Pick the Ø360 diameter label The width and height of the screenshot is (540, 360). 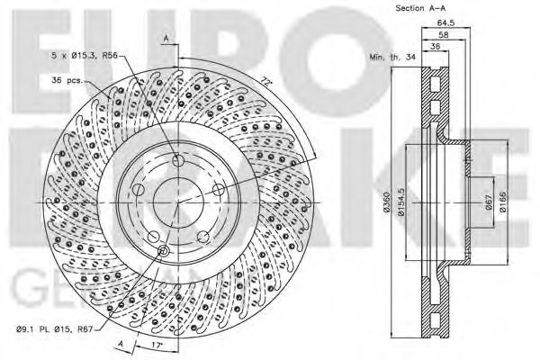pos(384,202)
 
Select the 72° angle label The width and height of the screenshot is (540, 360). pos(266,82)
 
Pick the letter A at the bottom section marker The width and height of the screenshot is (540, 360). pos(119,343)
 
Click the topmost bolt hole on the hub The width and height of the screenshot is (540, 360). pos(177,160)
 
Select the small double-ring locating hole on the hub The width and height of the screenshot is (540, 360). pos(163,251)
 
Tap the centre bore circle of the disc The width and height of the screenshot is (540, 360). pos(177,203)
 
